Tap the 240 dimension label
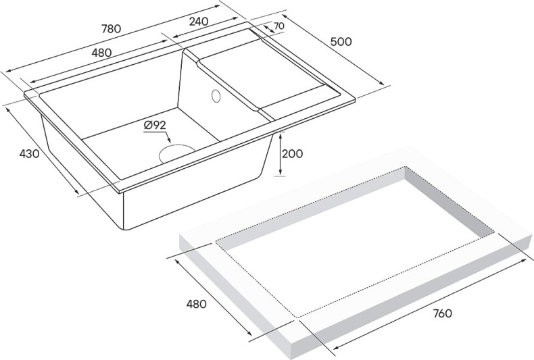199,21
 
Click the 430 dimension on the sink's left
29,154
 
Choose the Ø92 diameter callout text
155,124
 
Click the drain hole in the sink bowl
176,152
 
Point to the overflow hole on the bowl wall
216,96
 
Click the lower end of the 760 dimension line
335,350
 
